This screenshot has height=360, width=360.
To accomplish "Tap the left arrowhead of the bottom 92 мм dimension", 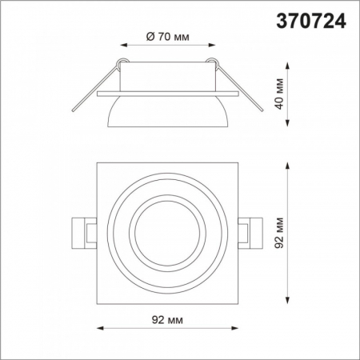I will (98, 328).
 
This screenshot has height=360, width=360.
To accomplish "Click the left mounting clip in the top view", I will (84, 232).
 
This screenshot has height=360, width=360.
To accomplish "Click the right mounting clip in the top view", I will (249, 232).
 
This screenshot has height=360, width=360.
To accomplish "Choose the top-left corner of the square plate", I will (98, 165).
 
